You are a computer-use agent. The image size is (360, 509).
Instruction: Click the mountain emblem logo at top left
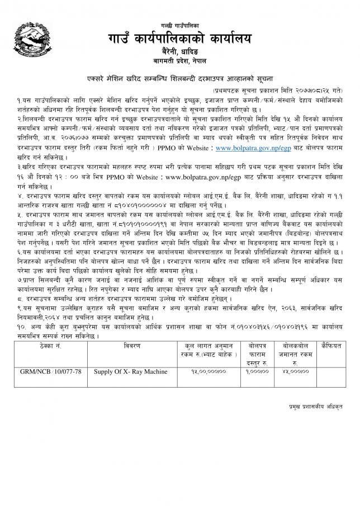coord(29,40)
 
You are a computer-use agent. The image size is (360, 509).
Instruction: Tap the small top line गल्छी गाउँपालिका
coord(179,22)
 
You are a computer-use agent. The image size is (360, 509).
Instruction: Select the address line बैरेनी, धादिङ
coord(179,51)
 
